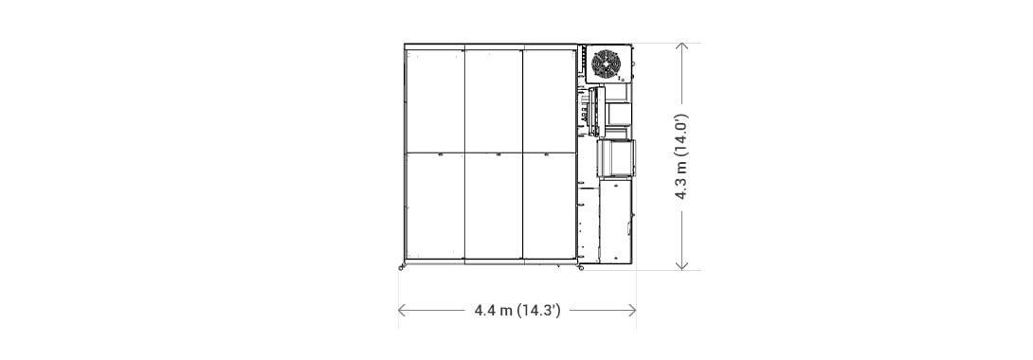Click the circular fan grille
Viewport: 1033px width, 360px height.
point(606,63)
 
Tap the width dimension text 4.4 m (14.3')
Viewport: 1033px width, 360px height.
point(517,310)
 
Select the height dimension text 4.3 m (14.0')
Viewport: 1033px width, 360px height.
point(681,156)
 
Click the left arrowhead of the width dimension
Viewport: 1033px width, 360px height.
point(402,310)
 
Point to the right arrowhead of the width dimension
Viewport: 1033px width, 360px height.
point(632,310)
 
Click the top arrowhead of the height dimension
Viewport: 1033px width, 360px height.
point(681,47)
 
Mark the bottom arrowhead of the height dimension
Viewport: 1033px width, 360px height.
point(681,265)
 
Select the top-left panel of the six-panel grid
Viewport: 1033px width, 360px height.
point(435,100)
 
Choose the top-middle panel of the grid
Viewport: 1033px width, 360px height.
point(494,100)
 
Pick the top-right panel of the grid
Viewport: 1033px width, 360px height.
point(550,100)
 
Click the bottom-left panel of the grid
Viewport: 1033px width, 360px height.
point(435,206)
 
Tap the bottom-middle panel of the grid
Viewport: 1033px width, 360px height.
point(494,206)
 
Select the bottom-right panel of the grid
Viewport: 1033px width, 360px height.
point(550,206)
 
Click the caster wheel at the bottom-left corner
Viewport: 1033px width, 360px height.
point(401,267)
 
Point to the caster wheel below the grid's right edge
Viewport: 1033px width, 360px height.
point(580,267)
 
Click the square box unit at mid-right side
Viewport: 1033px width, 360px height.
point(616,158)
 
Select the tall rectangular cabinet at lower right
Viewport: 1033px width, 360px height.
point(615,221)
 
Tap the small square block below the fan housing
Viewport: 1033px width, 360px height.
point(619,113)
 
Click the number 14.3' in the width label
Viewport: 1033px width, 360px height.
point(539,310)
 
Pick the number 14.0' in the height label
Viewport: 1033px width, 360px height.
point(681,135)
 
